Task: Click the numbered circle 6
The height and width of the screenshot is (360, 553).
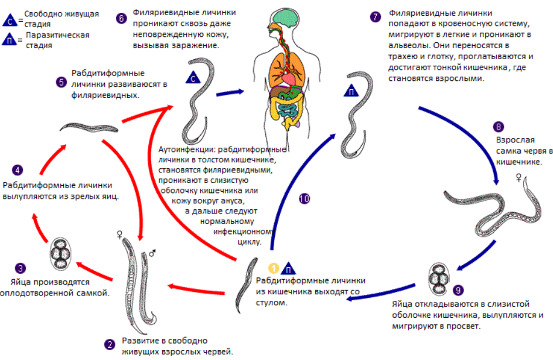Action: click(121, 18)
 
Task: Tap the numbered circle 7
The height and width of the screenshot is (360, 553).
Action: click(376, 16)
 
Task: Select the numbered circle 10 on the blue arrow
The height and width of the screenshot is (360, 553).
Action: click(304, 199)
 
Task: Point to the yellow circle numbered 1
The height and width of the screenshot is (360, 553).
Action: click(274, 268)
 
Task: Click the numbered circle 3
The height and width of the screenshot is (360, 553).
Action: click(20, 268)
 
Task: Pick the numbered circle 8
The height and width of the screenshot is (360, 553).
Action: click(499, 127)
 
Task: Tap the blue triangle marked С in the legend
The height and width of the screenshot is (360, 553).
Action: click(9, 20)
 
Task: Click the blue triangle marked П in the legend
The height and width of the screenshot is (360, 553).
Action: click(9, 39)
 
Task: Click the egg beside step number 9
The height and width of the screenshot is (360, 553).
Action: click(438, 279)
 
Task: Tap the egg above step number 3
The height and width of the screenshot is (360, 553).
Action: click(61, 254)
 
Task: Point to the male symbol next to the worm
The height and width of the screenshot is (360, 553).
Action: click(152, 253)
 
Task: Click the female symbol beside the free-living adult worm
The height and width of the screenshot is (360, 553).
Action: click(120, 235)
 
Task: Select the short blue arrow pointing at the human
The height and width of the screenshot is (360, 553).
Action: click(230, 93)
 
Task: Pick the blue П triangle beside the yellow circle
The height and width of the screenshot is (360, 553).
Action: click(288, 269)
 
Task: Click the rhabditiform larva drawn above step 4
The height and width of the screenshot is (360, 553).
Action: click(88, 128)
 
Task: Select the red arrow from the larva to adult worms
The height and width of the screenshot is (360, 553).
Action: click(197, 290)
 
